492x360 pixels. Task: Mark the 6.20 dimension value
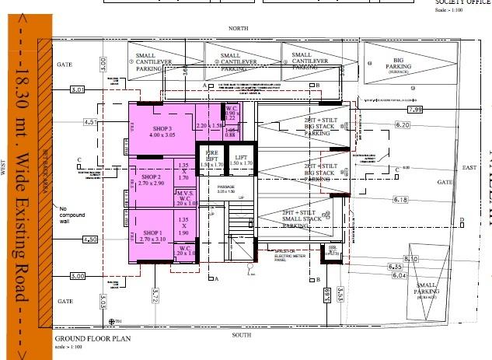click(402, 125)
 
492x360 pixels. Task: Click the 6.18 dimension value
click(400, 200)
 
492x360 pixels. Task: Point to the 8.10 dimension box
click(411, 259)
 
